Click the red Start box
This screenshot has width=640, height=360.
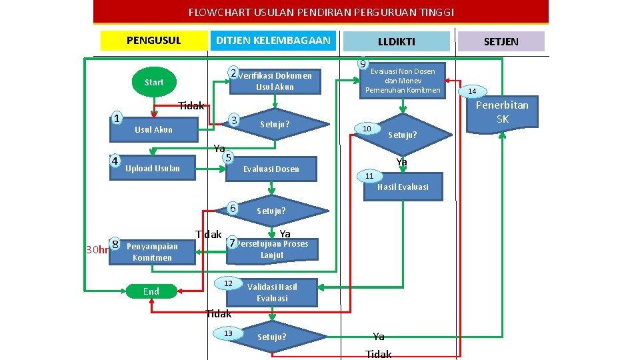pyautogui.click(x=153, y=82)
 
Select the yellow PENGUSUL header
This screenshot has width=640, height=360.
pyautogui.click(x=153, y=41)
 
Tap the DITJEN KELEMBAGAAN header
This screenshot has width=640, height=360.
pyautogui.click(x=273, y=41)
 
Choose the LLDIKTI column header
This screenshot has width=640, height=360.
pyautogui.click(x=396, y=41)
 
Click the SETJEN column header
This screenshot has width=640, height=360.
pyautogui.click(x=501, y=41)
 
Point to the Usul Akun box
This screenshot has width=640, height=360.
pyautogui.click(x=154, y=129)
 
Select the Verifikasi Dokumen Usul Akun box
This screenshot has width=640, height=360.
pyautogui.click(x=275, y=81)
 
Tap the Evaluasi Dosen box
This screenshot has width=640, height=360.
pyautogui.click(x=271, y=169)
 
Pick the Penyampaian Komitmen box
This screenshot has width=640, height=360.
pyautogui.click(x=153, y=252)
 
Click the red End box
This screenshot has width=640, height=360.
pyautogui.click(x=151, y=291)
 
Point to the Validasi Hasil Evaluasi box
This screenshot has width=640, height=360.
pyautogui.click(x=272, y=292)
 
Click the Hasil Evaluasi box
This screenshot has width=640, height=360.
pyautogui.click(x=403, y=187)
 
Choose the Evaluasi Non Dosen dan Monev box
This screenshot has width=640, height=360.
pyautogui.click(x=403, y=81)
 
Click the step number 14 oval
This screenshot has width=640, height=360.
pyautogui.click(x=472, y=91)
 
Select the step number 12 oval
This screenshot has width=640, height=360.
pyautogui.click(x=228, y=284)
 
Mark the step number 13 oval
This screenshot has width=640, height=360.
pyautogui.click(x=228, y=333)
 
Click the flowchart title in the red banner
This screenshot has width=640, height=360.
pyautogui.click(x=321, y=12)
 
